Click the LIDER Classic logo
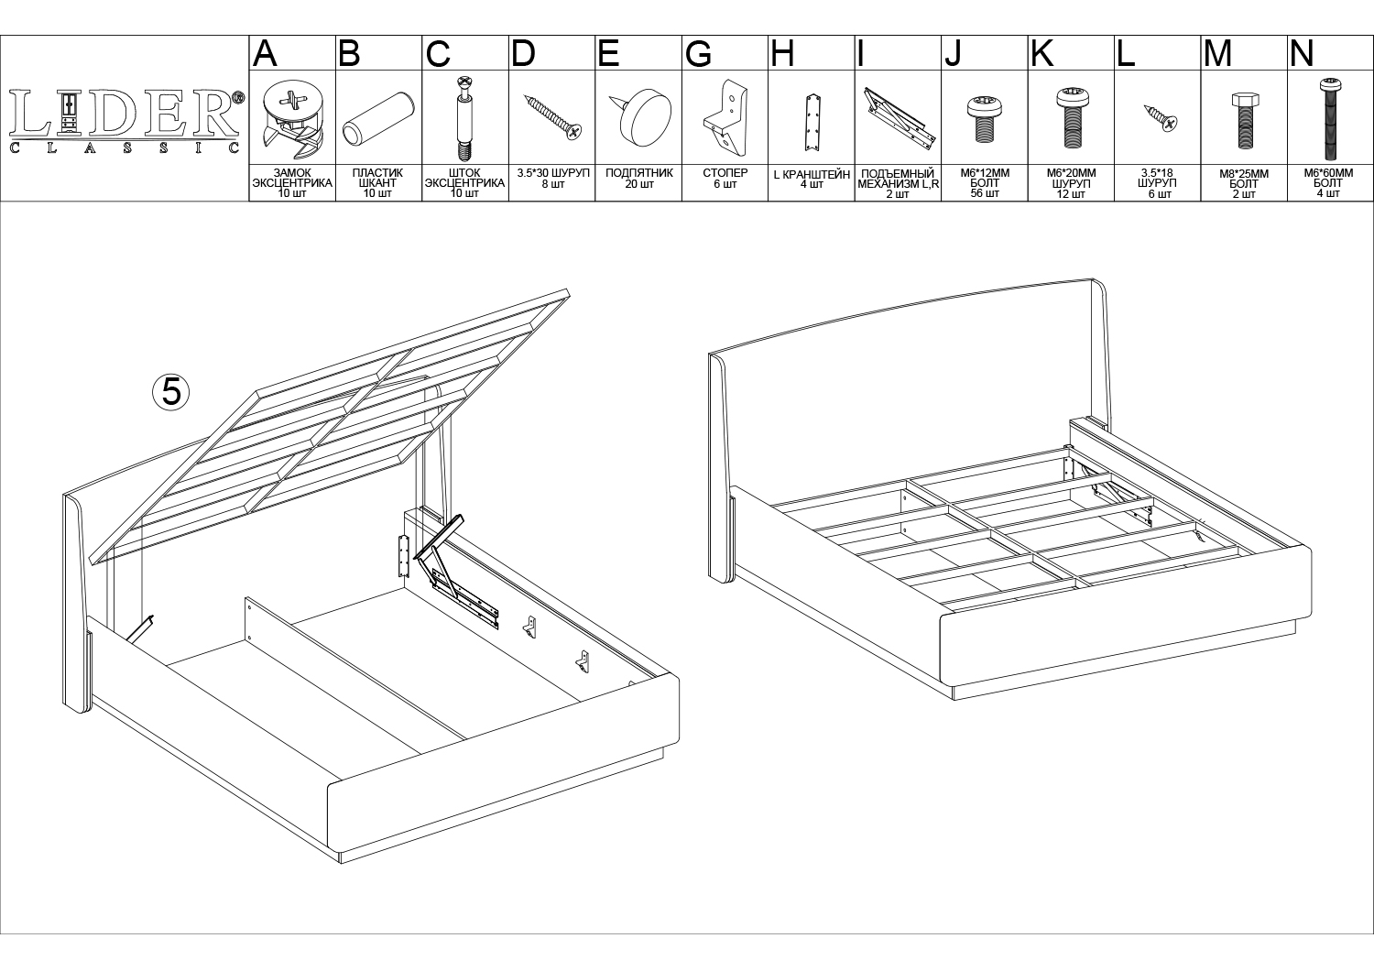coord(125,121)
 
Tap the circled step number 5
coord(170,391)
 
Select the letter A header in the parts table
coord(265,53)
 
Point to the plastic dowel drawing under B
coord(378,119)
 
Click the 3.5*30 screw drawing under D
coord(552,116)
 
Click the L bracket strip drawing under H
coord(812,123)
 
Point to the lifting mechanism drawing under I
coord(900,118)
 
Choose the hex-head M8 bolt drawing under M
coord(1245,121)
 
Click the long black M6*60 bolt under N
coord(1330,119)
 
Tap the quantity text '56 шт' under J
coord(985,194)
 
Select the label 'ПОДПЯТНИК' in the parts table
coord(639,173)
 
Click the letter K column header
coord(1042,53)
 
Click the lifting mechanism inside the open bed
coord(457,573)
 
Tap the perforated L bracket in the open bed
coord(404,556)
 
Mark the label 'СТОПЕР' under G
coord(725,173)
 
